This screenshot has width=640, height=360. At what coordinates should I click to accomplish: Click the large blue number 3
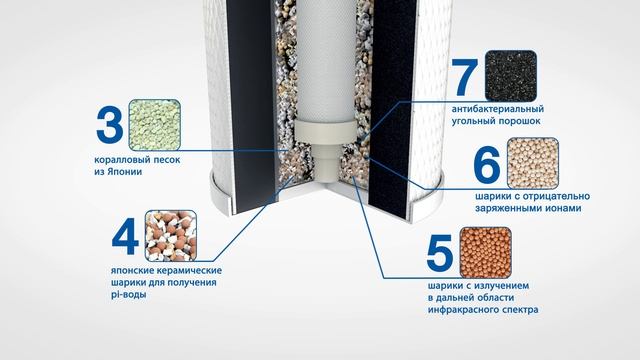click(109, 125)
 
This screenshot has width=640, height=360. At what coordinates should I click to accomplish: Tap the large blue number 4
click(125, 236)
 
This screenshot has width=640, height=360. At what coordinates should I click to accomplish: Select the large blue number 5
click(440, 252)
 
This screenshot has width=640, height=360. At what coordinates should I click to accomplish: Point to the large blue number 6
click(487, 164)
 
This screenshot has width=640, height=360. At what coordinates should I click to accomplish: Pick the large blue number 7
click(465, 77)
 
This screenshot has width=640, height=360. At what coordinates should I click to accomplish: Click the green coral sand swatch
click(155, 124)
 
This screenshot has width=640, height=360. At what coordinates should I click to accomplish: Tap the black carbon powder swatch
click(511, 76)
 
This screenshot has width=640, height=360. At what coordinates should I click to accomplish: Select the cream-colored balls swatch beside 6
click(533, 163)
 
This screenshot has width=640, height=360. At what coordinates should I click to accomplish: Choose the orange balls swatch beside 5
click(486, 253)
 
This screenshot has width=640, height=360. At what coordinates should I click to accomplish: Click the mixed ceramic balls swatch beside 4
click(171, 236)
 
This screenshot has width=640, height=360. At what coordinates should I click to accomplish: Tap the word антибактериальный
click(498, 109)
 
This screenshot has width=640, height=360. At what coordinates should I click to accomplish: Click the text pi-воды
click(128, 295)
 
